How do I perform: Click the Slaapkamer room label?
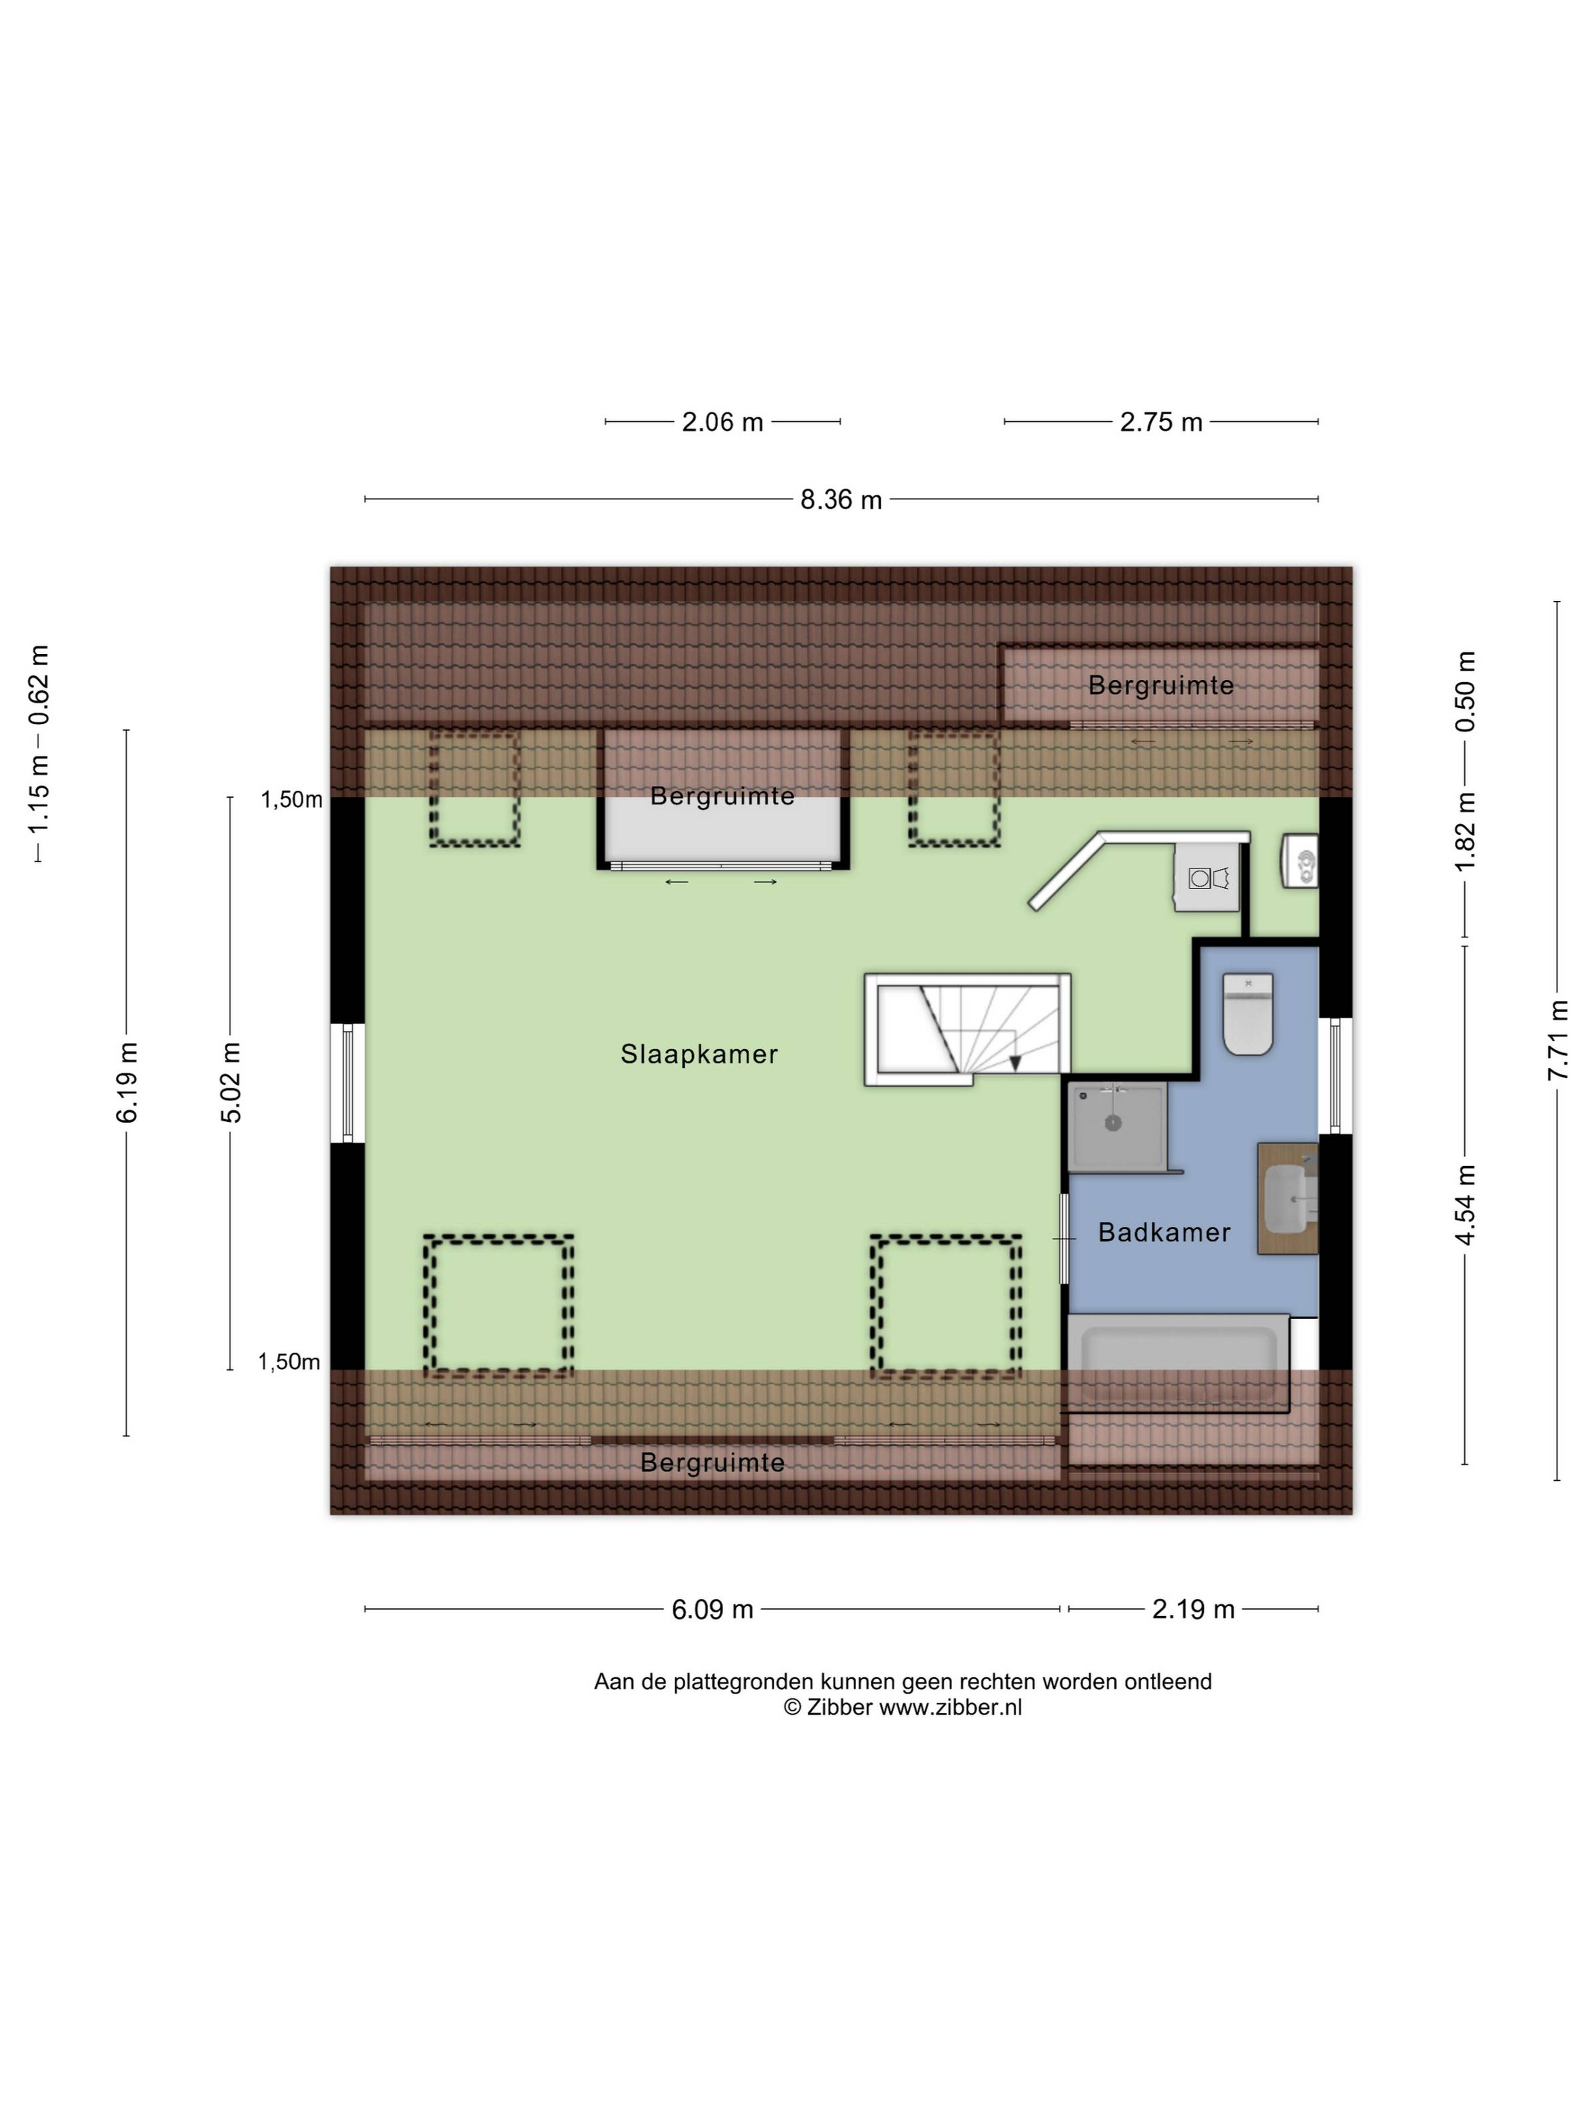[699, 1054]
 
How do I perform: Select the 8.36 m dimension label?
[841, 500]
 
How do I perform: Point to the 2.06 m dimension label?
[722, 422]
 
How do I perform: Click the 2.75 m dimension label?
[1161, 422]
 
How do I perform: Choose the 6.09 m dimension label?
[712, 1610]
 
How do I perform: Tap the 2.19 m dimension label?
[1193, 1610]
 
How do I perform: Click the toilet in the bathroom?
[1248, 1014]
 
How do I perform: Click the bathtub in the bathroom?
[1179, 1363]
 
